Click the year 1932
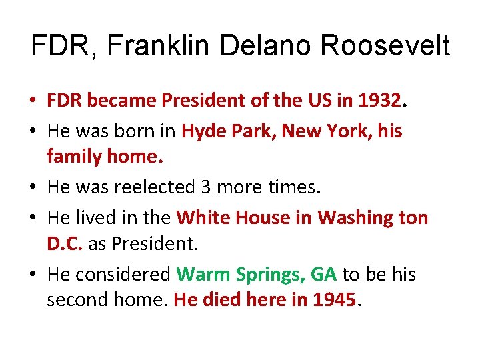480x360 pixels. click(x=380, y=101)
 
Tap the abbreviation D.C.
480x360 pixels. click(x=65, y=243)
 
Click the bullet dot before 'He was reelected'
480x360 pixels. click(x=32, y=187)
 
